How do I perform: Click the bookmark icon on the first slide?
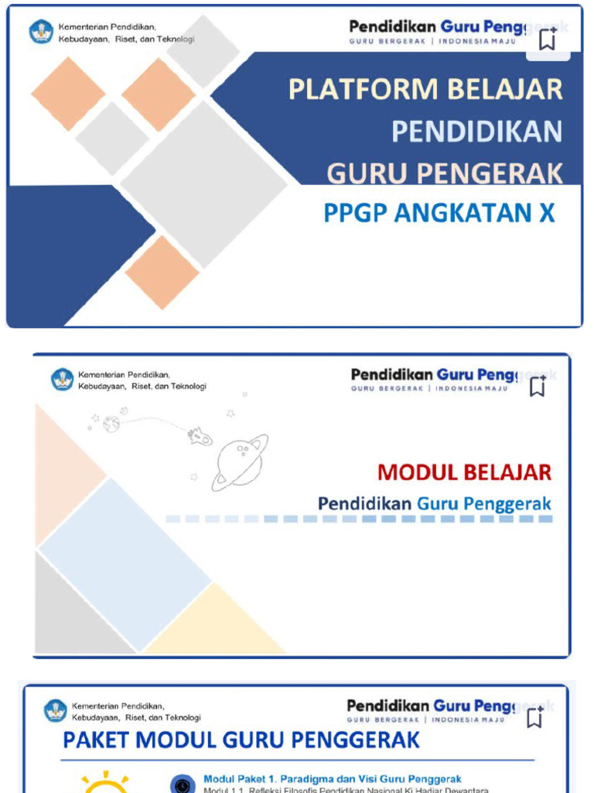tap(548, 39)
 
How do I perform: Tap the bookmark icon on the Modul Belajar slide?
tap(538, 386)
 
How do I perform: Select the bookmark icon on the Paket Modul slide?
tap(534, 717)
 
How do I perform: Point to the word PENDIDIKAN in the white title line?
tap(476, 132)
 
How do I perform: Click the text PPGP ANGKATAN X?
tap(439, 212)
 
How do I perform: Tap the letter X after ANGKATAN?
tap(546, 212)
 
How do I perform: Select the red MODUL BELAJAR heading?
tap(464, 472)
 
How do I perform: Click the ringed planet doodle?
tap(240, 462)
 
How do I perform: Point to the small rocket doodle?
tap(200, 437)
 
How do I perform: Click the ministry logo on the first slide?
tap(42, 33)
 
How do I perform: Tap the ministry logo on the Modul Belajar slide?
tap(62, 379)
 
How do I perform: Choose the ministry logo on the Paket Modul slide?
tap(56, 711)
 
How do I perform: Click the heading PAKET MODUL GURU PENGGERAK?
tap(241, 740)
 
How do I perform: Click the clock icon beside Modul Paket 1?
tap(183, 784)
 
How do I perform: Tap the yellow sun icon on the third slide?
tap(105, 784)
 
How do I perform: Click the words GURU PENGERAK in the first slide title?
tap(444, 173)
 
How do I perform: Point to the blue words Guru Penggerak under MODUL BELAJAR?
tap(484, 504)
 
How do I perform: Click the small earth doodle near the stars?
tap(111, 424)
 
